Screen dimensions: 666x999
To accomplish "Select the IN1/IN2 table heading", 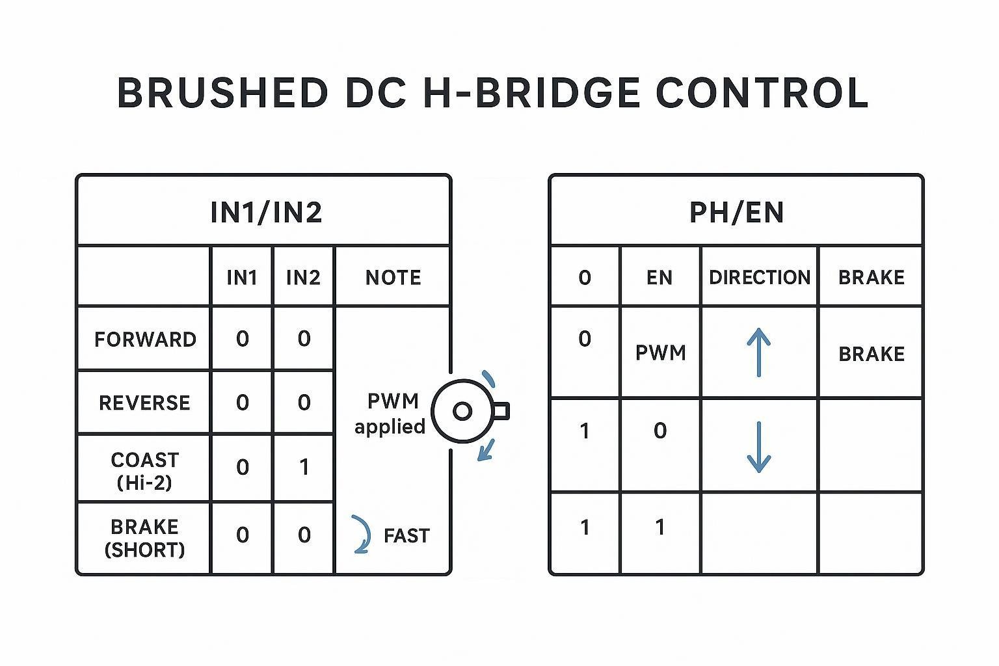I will click(x=266, y=213).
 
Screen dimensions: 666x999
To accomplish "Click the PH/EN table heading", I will click(x=736, y=213).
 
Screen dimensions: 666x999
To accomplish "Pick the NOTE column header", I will click(x=393, y=278).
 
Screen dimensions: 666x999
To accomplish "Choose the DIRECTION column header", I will click(x=760, y=278).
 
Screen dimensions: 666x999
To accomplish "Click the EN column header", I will click(x=659, y=278).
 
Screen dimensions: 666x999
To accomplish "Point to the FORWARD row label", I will click(x=145, y=340).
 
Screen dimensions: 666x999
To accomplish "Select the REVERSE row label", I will click(x=144, y=403).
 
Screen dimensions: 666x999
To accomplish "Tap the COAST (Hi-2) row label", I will click(x=144, y=471).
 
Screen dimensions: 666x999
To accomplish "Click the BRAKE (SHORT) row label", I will click(x=144, y=538).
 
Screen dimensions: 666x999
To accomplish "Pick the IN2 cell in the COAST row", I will click(x=304, y=468).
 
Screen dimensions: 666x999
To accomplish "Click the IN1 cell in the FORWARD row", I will click(x=242, y=339).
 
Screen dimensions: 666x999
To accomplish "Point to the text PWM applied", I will click(x=390, y=414).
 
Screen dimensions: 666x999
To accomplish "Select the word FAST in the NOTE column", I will click(x=406, y=536).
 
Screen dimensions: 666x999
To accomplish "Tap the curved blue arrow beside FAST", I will click(x=362, y=535).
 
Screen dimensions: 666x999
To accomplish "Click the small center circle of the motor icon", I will click(x=462, y=411).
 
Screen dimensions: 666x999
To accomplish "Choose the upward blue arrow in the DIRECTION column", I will click(x=758, y=352).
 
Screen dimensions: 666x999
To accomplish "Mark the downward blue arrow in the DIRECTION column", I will click(x=758, y=447).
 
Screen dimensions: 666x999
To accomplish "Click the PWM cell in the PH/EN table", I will click(x=660, y=353).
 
